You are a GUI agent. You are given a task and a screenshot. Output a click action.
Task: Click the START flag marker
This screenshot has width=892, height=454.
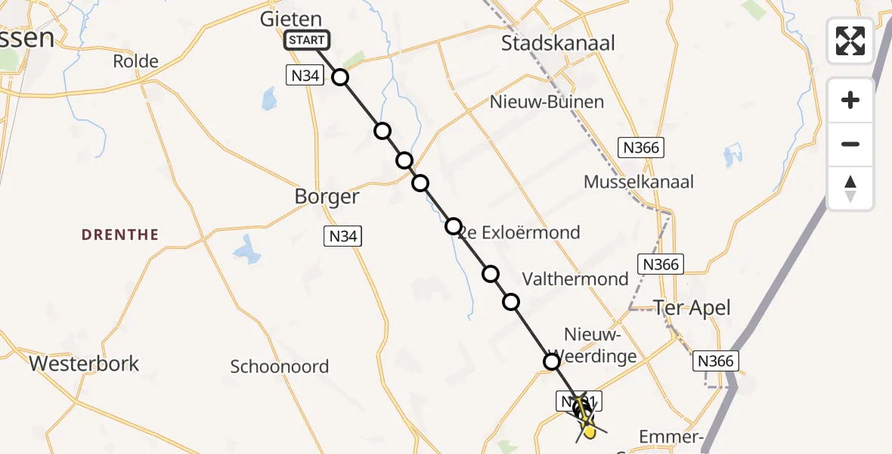tap(307, 40)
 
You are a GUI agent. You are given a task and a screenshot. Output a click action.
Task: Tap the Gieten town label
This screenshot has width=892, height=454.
tap(291, 19)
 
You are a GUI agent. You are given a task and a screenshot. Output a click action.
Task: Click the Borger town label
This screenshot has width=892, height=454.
tap(327, 197)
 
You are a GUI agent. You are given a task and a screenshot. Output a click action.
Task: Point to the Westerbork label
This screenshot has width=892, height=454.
tap(84, 363)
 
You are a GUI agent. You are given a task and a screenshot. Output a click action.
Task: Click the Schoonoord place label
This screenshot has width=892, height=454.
tap(280, 367)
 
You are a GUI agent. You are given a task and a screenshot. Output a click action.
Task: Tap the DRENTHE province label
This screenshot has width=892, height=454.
tap(120, 235)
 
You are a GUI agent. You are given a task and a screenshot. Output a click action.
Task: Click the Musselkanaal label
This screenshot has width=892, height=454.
tap(639, 182)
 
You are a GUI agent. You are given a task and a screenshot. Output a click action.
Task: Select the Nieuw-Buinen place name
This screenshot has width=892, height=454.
tap(547, 101)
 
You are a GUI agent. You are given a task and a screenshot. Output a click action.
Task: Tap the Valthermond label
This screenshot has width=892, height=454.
tap(585, 278)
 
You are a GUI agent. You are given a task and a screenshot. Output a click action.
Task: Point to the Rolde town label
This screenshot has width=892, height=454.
tap(135, 61)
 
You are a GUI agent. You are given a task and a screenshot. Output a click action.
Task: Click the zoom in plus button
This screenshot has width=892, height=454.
tap(850, 100)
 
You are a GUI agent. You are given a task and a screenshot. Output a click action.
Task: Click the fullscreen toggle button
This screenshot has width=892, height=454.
tap(850, 41)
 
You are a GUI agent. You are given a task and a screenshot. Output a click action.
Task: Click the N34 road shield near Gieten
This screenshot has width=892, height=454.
tap(302, 74)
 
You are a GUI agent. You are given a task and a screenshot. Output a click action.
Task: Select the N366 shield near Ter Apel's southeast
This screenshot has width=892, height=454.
tap(715, 361)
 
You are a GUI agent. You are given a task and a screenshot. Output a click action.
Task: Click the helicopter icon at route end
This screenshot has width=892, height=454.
tap(583, 412)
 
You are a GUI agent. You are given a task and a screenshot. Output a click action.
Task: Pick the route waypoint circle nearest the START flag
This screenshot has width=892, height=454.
tap(340, 77)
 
